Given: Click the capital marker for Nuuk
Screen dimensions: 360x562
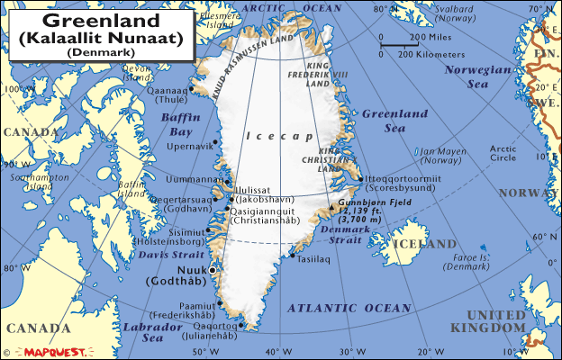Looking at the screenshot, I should tap(213, 269).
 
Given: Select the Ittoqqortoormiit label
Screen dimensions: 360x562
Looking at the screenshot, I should tap(402, 178).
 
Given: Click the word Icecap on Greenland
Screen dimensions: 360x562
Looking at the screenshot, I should tap(271, 136).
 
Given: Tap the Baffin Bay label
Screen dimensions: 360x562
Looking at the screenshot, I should tap(179, 124).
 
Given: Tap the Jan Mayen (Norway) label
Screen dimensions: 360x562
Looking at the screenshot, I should tap(440, 156).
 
